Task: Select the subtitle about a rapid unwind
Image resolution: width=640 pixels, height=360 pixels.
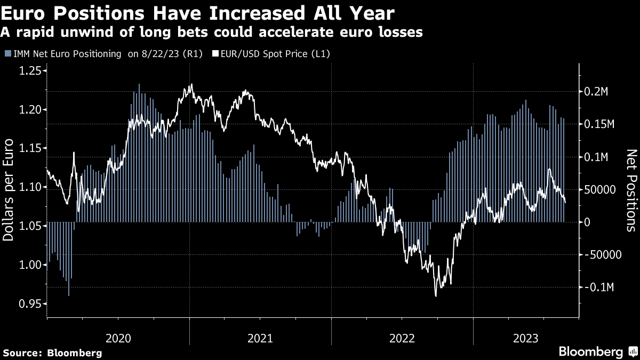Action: [x=212, y=32]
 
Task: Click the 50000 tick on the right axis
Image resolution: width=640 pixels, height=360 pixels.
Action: [x=601, y=190]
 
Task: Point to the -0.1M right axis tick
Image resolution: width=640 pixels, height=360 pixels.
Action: [x=598, y=287]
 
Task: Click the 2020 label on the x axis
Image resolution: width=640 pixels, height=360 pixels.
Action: [x=118, y=338]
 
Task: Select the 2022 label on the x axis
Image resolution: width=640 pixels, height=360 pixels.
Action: [x=403, y=338]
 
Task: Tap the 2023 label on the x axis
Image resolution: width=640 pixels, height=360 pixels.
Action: [x=525, y=338]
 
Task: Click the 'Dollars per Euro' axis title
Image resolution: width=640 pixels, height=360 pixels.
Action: [x=9, y=189]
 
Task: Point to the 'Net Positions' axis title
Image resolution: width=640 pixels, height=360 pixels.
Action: [x=631, y=190]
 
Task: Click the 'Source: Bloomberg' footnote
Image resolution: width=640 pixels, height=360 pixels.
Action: [x=52, y=353]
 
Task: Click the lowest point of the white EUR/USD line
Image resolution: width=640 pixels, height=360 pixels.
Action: [x=436, y=296]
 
